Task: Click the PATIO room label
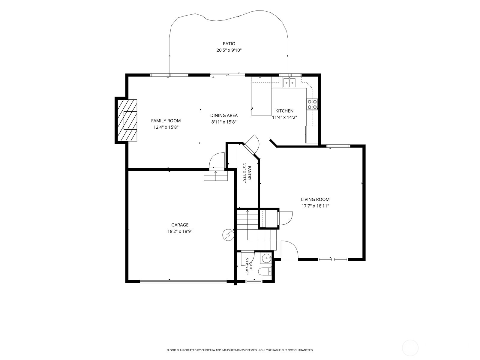pyautogui.click(x=229, y=44)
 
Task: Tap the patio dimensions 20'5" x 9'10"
pyautogui.click(x=229, y=50)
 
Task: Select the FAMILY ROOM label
pyautogui.click(x=166, y=121)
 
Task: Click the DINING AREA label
pyautogui.click(x=224, y=115)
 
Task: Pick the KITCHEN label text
pyautogui.click(x=284, y=111)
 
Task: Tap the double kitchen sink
pyautogui.click(x=289, y=83)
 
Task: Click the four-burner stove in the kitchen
pyautogui.click(x=312, y=104)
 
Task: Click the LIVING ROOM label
pyautogui.click(x=315, y=199)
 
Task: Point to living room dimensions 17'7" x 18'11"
pyautogui.click(x=315, y=206)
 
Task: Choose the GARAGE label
pyautogui.click(x=180, y=225)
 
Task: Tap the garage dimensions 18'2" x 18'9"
pyautogui.click(x=180, y=231)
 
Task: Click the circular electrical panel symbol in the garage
pyautogui.click(x=228, y=235)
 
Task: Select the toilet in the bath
pyautogui.click(x=265, y=272)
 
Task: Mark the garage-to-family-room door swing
pyautogui.click(x=217, y=160)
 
